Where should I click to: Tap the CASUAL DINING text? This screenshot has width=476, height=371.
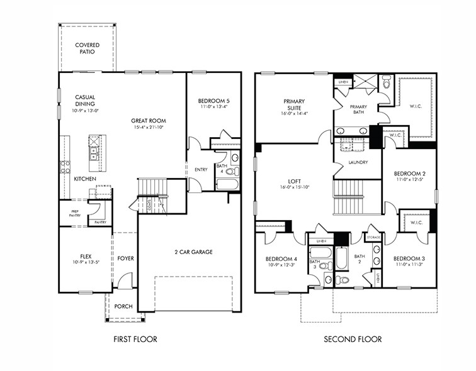click(x=85, y=101)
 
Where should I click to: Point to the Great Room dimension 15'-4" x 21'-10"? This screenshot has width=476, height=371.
click(x=149, y=128)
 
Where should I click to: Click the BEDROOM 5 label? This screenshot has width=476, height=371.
click(x=214, y=101)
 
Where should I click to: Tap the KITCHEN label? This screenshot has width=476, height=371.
click(x=86, y=179)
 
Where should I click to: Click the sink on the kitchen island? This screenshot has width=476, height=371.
click(x=93, y=151)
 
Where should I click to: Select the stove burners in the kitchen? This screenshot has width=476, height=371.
click(x=65, y=167)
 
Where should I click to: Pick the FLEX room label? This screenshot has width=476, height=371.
click(x=86, y=256)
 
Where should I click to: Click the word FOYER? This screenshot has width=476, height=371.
click(x=126, y=258)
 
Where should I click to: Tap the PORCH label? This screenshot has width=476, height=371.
click(x=124, y=307)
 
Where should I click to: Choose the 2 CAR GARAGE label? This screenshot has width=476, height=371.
click(x=194, y=252)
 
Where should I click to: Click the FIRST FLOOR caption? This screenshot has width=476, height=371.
click(x=135, y=340)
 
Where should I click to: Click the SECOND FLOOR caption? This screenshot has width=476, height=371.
click(x=353, y=340)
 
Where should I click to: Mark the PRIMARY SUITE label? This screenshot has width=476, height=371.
click(x=294, y=104)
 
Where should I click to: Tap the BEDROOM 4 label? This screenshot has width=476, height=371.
click(x=281, y=258)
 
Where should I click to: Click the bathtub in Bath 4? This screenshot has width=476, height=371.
click(x=227, y=184)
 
